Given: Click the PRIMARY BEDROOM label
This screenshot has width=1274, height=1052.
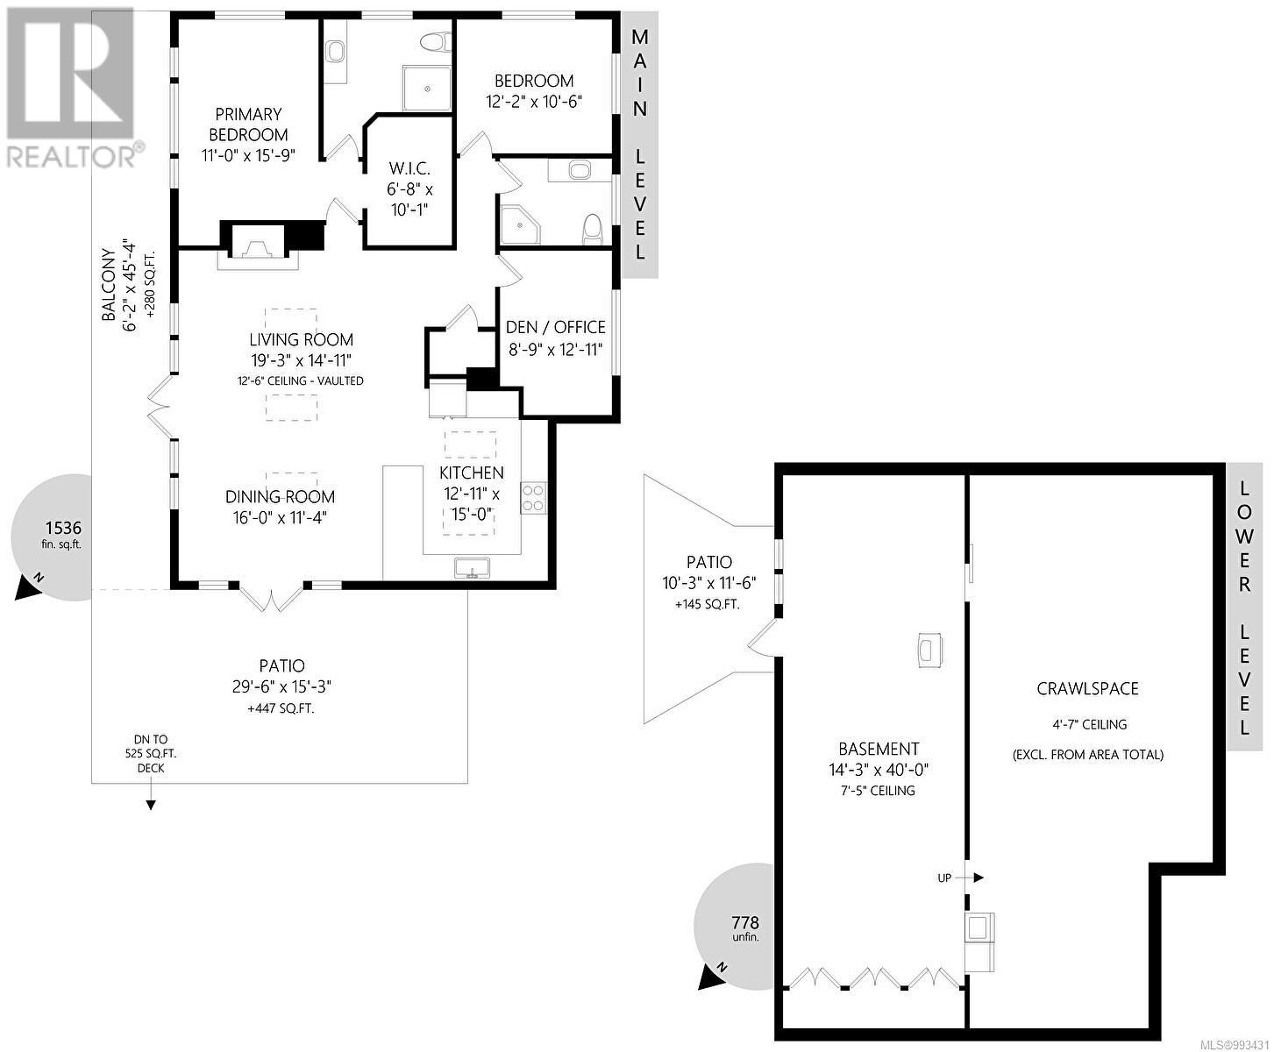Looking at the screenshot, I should click(248, 124).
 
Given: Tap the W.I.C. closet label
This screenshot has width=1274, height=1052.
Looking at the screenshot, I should click(409, 168).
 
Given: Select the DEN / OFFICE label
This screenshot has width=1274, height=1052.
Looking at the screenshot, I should click(555, 327).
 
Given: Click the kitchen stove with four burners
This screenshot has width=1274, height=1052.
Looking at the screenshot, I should click(533, 498).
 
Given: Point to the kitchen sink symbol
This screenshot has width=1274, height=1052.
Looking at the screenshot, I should click(473, 568).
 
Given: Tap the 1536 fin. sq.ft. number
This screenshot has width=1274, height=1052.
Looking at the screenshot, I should click(63, 528).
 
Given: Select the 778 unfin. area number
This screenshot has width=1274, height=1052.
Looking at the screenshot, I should click(744, 922).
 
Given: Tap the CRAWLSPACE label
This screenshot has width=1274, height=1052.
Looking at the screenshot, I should click(1087, 688).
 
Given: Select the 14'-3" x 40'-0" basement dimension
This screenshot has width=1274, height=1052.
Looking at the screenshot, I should click(878, 771).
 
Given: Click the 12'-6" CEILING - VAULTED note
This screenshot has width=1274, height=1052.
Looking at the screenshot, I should click(301, 380).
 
